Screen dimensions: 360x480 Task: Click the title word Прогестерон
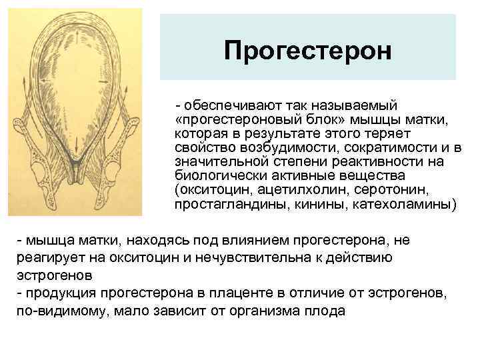pyautogui.click(x=307, y=50)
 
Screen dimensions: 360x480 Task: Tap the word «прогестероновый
pyautogui.click(x=226, y=120)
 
